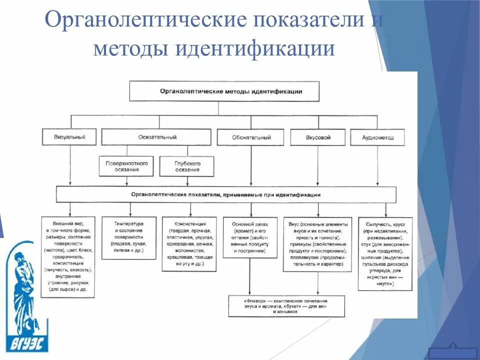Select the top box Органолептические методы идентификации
click(x=231, y=92)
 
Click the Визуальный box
click(x=70, y=137)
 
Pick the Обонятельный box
click(x=251, y=137)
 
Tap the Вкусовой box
click(x=318, y=137)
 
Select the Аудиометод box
click(x=378, y=137)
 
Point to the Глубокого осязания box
click(x=187, y=166)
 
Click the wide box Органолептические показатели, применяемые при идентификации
click(x=226, y=194)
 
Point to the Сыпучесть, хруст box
click(x=385, y=253)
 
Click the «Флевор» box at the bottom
click(x=286, y=305)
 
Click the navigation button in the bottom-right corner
click(x=452, y=348)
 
